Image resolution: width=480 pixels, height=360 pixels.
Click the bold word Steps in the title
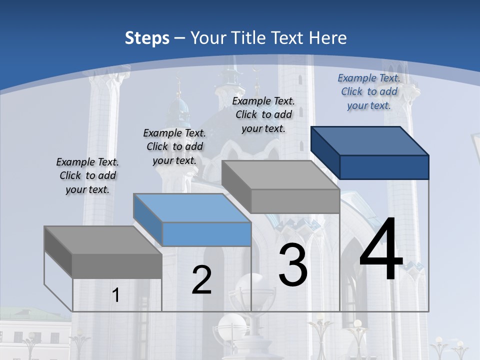pyautogui.click(x=147, y=38)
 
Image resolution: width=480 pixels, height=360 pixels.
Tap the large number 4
pyautogui.click(x=381, y=250)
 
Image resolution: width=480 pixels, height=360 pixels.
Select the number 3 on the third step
pyautogui.click(x=293, y=265)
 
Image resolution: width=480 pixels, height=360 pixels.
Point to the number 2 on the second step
pyautogui.click(x=201, y=280)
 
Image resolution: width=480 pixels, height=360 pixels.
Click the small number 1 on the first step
pyautogui.click(x=116, y=295)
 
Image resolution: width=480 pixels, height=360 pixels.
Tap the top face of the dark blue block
pyautogui.click(x=370, y=140)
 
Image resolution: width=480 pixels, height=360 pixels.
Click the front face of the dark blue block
pyautogui.click(x=384, y=167)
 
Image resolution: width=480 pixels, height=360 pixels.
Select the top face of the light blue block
pyautogui.click(x=192, y=207)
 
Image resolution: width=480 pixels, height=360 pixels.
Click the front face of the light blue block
pyautogui.click(x=206, y=234)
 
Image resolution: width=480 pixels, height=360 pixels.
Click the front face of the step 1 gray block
pyautogui.click(x=117, y=266)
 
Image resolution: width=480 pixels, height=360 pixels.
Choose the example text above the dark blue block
pyautogui.click(x=369, y=91)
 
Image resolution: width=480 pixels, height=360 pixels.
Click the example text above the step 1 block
pyautogui.click(x=87, y=175)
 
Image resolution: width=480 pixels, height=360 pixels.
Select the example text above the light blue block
pyautogui.click(x=174, y=146)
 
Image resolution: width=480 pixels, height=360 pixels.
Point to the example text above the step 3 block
pyautogui.click(x=263, y=114)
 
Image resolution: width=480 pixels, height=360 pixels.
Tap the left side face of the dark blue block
pyautogui.click(x=325, y=152)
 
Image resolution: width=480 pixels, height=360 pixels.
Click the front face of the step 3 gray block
pyautogui.click(x=295, y=201)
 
